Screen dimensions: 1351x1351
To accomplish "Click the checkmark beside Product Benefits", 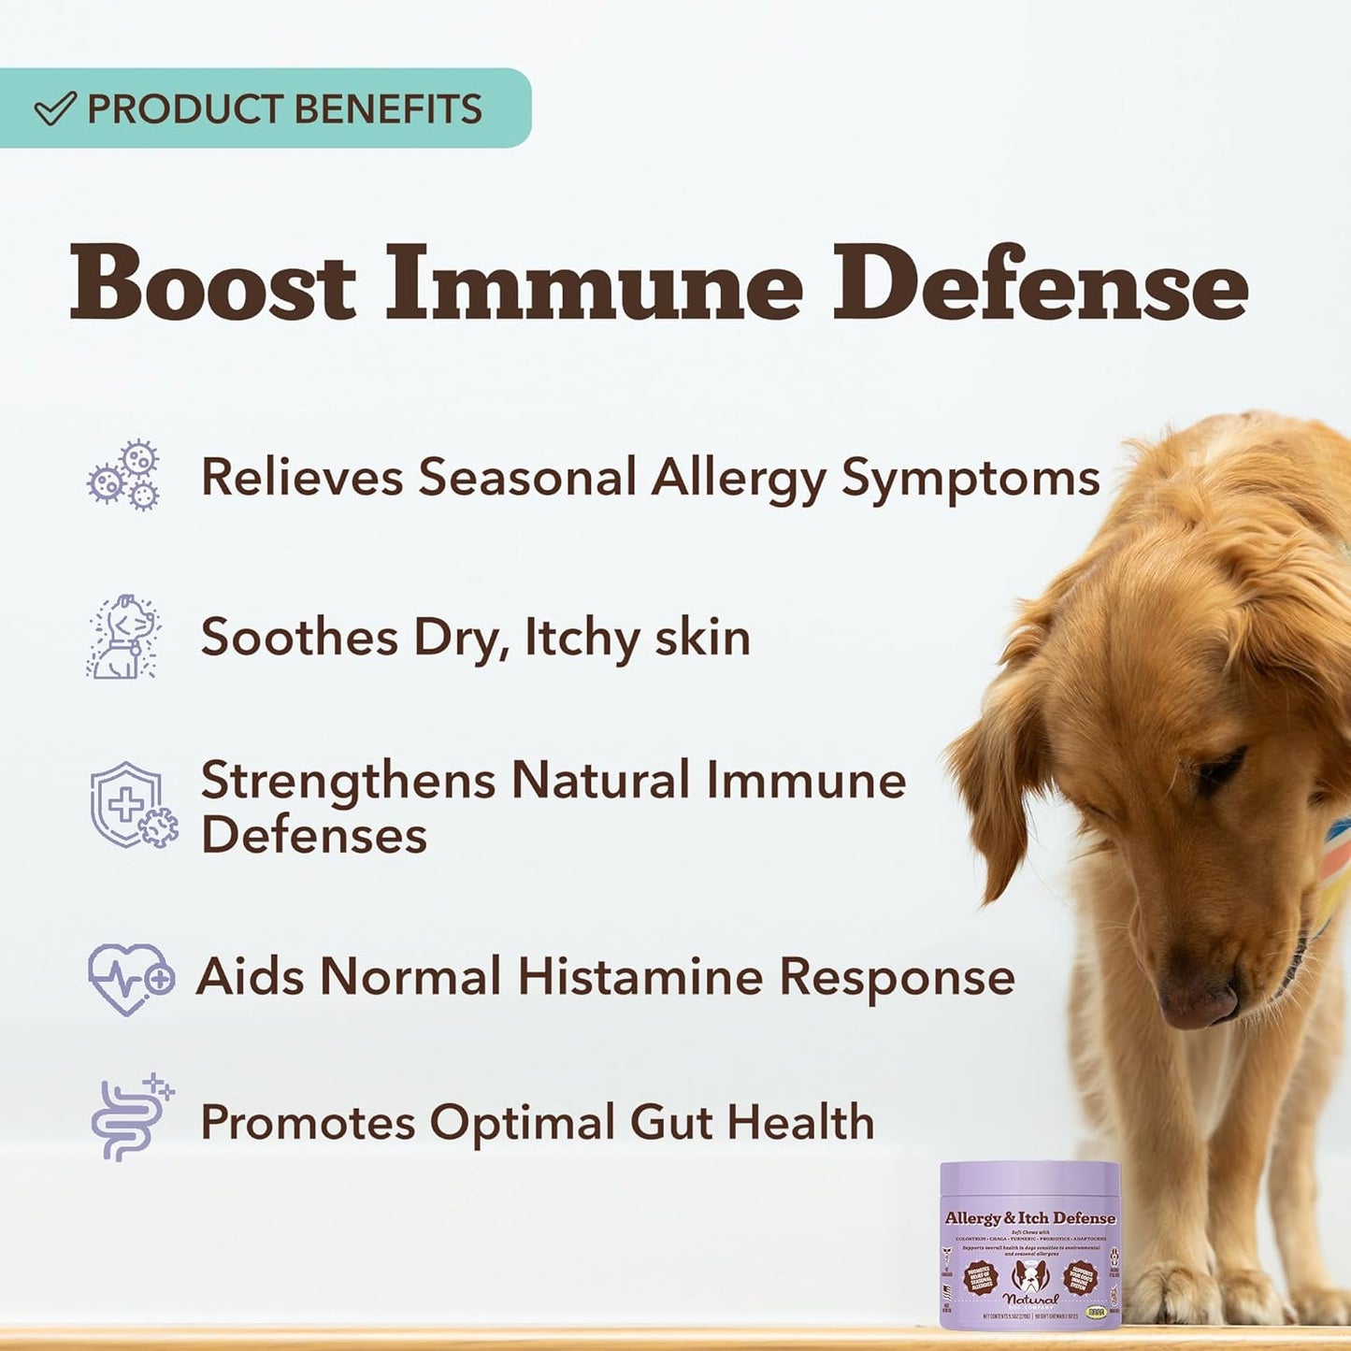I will (54, 109).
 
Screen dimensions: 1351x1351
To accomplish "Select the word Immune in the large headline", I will (595, 281).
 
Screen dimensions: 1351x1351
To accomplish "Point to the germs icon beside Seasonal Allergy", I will (124, 476).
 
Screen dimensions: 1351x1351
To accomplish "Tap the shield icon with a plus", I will (131, 806).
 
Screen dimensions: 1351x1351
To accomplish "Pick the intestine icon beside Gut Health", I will (131, 1119).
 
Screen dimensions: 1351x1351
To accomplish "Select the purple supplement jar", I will (1029, 1243).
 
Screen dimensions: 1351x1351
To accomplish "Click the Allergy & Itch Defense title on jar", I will (1029, 1218).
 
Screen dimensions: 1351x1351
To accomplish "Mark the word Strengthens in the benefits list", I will (348, 781).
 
